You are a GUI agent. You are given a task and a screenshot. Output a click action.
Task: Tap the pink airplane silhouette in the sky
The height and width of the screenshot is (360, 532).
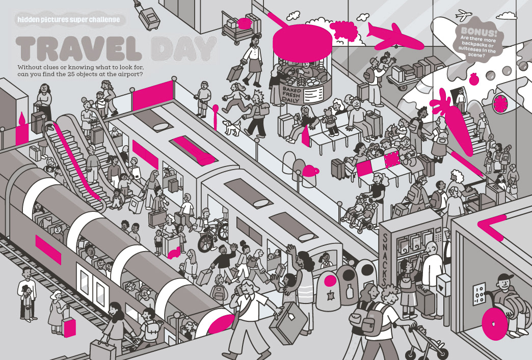pos(395,37)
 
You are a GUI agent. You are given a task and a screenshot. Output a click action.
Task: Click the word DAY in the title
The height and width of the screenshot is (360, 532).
pos(183,48)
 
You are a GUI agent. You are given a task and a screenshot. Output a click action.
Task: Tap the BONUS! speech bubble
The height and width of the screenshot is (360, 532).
pos(478,41)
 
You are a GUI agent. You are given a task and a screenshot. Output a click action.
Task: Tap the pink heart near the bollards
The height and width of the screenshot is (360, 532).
pos(310,171)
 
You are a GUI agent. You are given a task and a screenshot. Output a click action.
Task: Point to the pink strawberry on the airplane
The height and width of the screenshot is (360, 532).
pos(473,78)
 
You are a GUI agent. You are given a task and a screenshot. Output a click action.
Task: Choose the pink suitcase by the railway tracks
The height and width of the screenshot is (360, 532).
pos(69,327)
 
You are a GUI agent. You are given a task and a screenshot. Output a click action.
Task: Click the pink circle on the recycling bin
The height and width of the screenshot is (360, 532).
pos(330,281)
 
